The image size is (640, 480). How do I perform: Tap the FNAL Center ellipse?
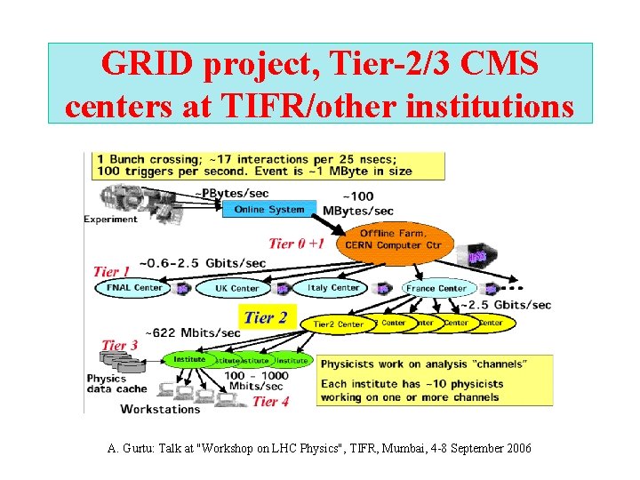tap(134, 288)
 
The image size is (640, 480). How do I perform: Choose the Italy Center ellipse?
tap(334, 288)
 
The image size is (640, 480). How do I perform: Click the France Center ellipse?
tap(436, 288)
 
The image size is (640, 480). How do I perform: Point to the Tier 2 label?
tap(265, 317)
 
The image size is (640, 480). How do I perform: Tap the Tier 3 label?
tap(120, 345)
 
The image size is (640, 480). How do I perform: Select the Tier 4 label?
tap(271, 401)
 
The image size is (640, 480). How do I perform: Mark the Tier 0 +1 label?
tap(297, 243)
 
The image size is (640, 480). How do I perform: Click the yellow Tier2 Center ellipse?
tap(339, 324)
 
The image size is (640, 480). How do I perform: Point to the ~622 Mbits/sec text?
tap(193, 332)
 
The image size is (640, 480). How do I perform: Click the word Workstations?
tap(160, 409)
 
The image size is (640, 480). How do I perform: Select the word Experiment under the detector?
tap(111, 219)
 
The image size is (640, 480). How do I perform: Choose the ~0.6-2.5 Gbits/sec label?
tap(204, 263)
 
